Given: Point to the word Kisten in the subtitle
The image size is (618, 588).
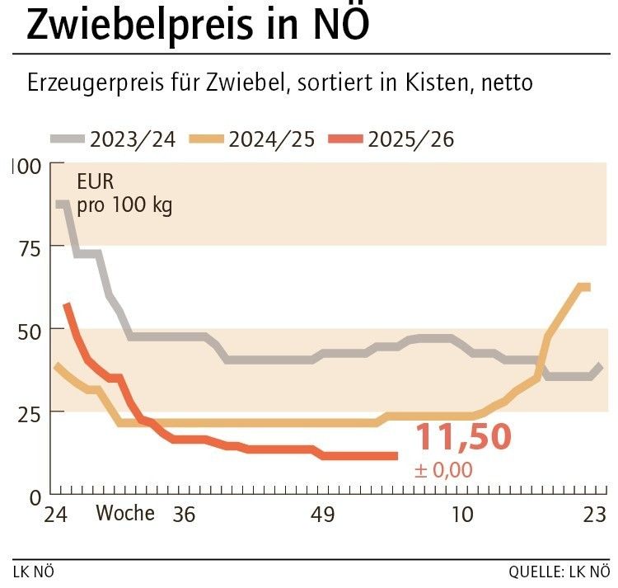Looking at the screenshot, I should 458,83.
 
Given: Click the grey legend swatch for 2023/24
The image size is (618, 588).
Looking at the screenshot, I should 68,139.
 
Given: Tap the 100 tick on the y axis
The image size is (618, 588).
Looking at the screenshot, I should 26,166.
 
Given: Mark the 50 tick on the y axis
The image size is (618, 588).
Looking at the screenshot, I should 30,329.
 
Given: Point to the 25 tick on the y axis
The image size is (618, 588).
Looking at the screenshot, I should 30,412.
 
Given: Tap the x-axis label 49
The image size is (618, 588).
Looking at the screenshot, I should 322,515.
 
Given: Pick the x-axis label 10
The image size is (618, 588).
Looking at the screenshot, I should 462,515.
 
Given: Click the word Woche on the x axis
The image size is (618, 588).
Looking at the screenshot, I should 125,514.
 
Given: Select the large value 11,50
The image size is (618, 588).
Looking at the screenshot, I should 462,438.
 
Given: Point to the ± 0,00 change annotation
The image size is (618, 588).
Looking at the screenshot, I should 444,471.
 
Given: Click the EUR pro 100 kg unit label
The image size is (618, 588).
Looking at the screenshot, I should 124,194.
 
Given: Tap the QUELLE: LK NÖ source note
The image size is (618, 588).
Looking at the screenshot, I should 559,572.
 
